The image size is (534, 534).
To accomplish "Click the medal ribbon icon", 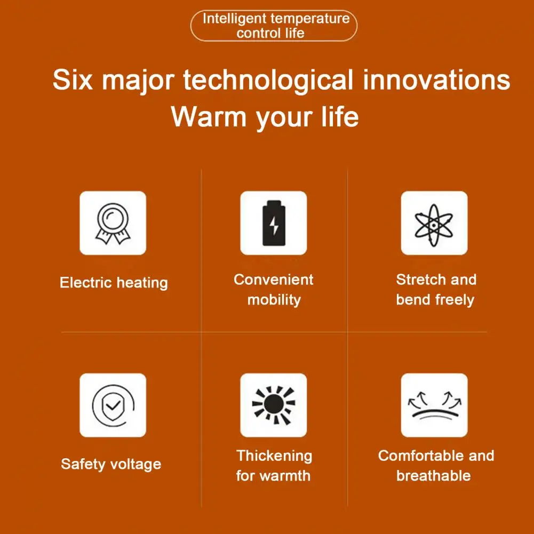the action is (x=113, y=224).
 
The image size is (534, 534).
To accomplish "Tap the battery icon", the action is (x=274, y=223).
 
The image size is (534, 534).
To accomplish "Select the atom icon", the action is (x=434, y=225).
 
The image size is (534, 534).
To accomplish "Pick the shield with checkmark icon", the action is (x=113, y=405).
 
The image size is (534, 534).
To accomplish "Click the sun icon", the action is (x=274, y=405).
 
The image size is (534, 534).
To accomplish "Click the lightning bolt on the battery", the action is (x=274, y=225).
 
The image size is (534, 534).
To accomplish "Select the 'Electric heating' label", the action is (x=114, y=283).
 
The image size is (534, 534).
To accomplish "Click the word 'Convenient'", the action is (x=274, y=280).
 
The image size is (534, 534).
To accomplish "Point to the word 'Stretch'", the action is (x=421, y=280).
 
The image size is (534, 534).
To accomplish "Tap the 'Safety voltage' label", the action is (x=111, y=464).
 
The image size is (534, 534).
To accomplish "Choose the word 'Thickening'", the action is (x=274, y=456).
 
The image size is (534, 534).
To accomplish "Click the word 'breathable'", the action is (x=434, y=475).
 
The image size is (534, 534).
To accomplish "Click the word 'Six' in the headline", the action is (x=73, y=79).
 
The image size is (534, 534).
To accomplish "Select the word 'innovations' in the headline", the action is (x=436, y=79).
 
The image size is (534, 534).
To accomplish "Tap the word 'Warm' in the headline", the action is (x=209, y=116).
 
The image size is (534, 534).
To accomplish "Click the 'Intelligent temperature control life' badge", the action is (x=274, y=26).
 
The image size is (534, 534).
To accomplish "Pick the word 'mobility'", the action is (x=274, y=300).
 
